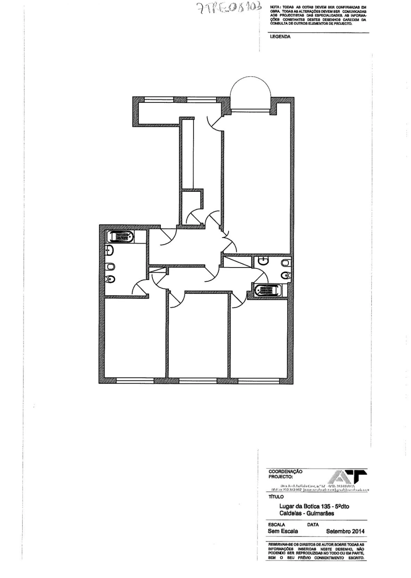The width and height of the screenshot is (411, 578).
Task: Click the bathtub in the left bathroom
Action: [120, 237]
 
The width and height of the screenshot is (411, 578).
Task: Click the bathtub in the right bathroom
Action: [267, 290]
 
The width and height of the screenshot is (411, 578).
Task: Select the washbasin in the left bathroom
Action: [109, 250]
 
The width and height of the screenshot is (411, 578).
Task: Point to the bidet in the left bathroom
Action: [110, 279]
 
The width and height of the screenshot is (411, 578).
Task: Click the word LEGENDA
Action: [280, 37]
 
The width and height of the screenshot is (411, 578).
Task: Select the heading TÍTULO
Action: [276, 497]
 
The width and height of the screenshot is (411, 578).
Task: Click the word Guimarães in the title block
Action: [320, 513]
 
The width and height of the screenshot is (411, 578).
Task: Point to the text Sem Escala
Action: [283, 531]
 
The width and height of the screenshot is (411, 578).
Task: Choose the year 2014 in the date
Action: [357, 531]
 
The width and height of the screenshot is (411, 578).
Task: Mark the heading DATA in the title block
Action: [313, 525]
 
